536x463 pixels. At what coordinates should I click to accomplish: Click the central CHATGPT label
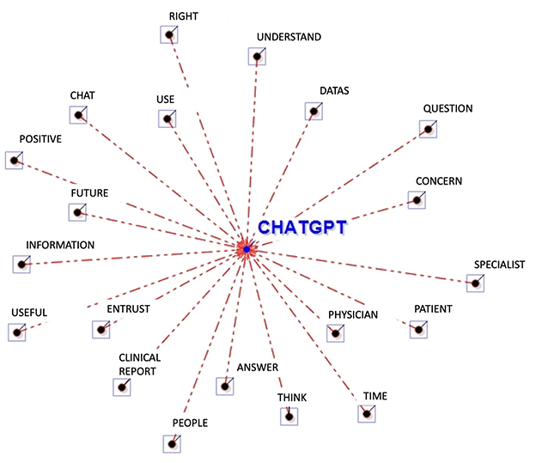pos(301,228)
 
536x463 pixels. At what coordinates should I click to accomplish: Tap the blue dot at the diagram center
pos(247,249)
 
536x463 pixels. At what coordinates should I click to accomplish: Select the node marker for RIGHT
pos(169,35)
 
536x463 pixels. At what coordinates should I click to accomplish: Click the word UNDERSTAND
pos(289,37)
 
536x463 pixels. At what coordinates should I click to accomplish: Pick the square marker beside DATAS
pos(314,111)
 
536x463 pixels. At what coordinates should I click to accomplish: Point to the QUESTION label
pos(448,109)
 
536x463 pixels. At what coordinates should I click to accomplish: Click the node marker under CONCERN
pos(417,200)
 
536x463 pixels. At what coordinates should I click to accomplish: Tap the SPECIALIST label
pos(500,265)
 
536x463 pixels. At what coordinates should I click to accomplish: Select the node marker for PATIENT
pos(418,328)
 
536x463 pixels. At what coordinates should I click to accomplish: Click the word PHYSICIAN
pos(353,314)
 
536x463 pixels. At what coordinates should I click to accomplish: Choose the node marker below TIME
pos(367,413)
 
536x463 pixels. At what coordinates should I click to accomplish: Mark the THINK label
pos(292,398)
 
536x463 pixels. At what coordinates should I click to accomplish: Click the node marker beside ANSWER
pos(225,386)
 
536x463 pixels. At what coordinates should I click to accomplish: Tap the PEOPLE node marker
pos(172,443)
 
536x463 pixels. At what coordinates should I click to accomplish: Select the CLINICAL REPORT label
pos(140,364)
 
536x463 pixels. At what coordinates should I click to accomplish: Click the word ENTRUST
pos(129,308)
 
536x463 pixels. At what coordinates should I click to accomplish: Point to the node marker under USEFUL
pos(15,332)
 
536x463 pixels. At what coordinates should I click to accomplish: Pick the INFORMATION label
pos(60,245)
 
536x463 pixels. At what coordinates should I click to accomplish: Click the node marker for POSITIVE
pos(13,160)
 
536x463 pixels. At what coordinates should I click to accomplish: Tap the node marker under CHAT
pos(78,115)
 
